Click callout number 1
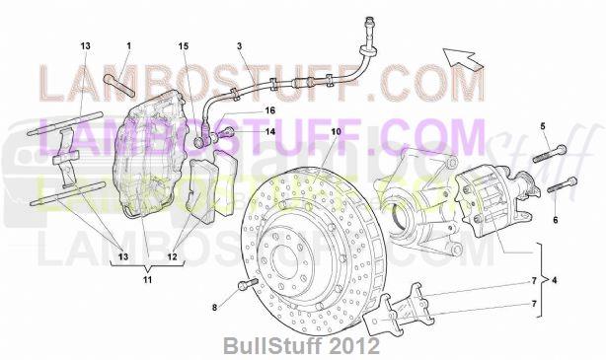[128, 46]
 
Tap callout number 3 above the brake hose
[239, 46]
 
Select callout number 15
[183, 46]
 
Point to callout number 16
[268, 112]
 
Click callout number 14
[268, 130]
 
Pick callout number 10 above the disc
[336, 131]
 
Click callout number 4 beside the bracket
[556, 280]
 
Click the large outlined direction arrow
[463, 57]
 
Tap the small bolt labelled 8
[246, 287]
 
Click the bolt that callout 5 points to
[550, 154]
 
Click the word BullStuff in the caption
[263, 347]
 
